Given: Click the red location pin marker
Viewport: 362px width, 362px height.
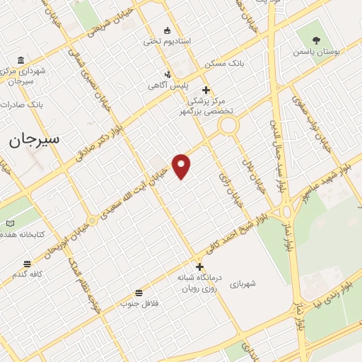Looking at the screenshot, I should coord(182,165).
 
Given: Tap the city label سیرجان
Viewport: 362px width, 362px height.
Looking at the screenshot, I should coord(35,139).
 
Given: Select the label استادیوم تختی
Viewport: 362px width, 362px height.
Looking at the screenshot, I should coord(167,42).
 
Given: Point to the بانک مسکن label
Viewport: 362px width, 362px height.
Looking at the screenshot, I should coord(224,64).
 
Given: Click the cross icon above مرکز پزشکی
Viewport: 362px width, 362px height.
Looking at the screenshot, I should coord(206,90).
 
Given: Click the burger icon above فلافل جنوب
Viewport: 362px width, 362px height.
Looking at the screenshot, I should coord(138,293).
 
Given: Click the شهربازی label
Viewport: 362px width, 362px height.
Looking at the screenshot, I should coord(242,284).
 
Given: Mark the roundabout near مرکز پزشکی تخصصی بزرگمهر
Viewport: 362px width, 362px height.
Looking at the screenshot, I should coord(228,126).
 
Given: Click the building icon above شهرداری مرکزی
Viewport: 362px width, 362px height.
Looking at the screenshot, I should coord(20,59).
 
